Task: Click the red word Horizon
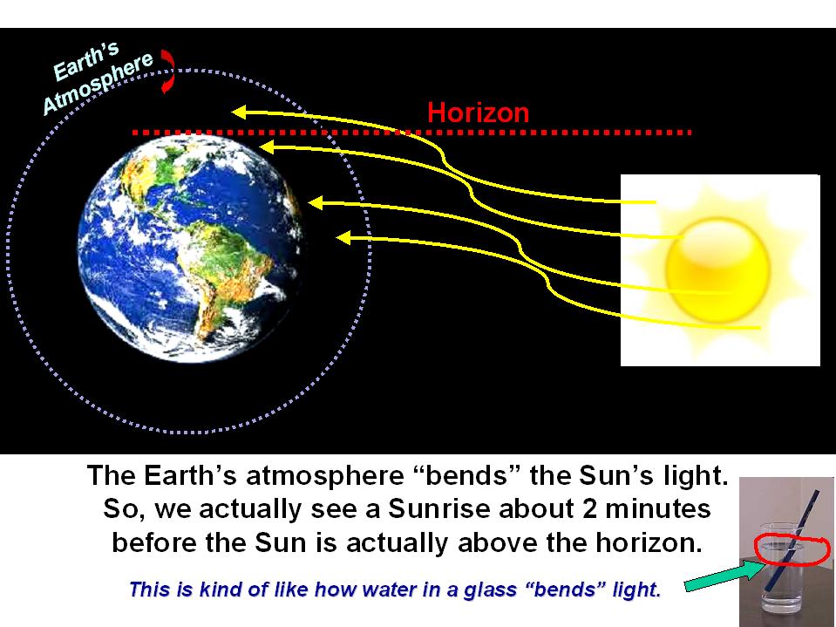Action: (479, 112)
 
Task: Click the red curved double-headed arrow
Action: (168, 71)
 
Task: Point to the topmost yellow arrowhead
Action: (238, 112)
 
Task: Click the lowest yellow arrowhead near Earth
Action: (343, 238)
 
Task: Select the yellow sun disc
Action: (717, 270)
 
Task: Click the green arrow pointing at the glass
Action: (725, 576)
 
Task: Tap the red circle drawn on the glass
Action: (792, 549)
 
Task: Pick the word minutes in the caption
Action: (658, 508)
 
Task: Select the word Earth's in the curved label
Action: (86, 62)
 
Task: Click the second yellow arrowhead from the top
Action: (267, 147)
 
